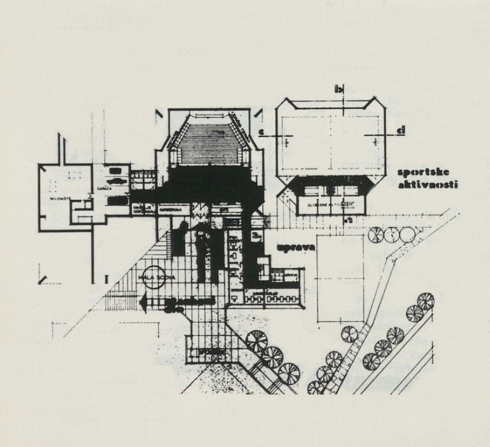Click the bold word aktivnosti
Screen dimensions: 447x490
click(429, 185)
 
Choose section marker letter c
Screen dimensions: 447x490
click(261, 130)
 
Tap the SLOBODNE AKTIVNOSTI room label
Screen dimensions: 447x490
click(327, 205)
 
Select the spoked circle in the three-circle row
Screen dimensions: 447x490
click(377, 235)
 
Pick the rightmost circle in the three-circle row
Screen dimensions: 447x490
click(406, 235)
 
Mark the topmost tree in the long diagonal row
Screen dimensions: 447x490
click(426, 301)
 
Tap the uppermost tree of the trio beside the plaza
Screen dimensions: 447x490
click(257, 341)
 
